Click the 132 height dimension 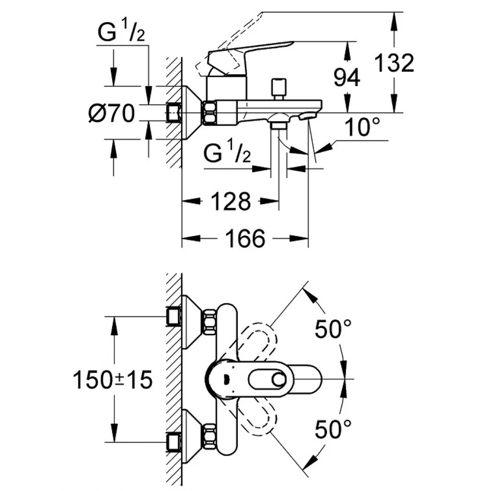[x=394, y=63]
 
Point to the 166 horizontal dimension [x=245, y=239]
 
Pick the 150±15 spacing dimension [x=113, y=380]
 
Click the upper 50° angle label [x=333, y=329]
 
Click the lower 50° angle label [x=333, y=429]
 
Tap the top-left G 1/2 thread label [x=121, y=32]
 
